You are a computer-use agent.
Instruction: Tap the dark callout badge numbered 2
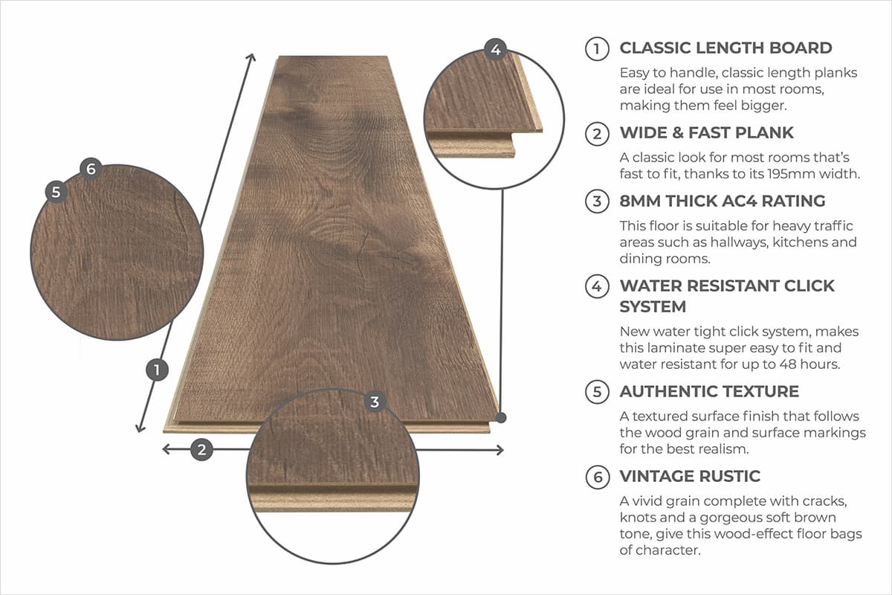(x=201, y=449)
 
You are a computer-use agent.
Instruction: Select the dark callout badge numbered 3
(x=375, y=402)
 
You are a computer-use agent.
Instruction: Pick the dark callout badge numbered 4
(x=496, y=50)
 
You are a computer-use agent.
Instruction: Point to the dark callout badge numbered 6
(x=91, y=169)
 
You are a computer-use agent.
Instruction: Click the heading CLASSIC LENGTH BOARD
(x=725, y=48)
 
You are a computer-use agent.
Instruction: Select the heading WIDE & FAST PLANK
(x=706, y=133)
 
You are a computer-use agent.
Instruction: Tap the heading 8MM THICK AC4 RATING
(x=722, y=201)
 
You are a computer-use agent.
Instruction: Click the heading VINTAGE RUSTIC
(x=690, y=477)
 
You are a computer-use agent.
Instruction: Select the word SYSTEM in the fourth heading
(x=653, y=306)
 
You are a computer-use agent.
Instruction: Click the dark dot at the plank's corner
(x=502, y=418)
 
